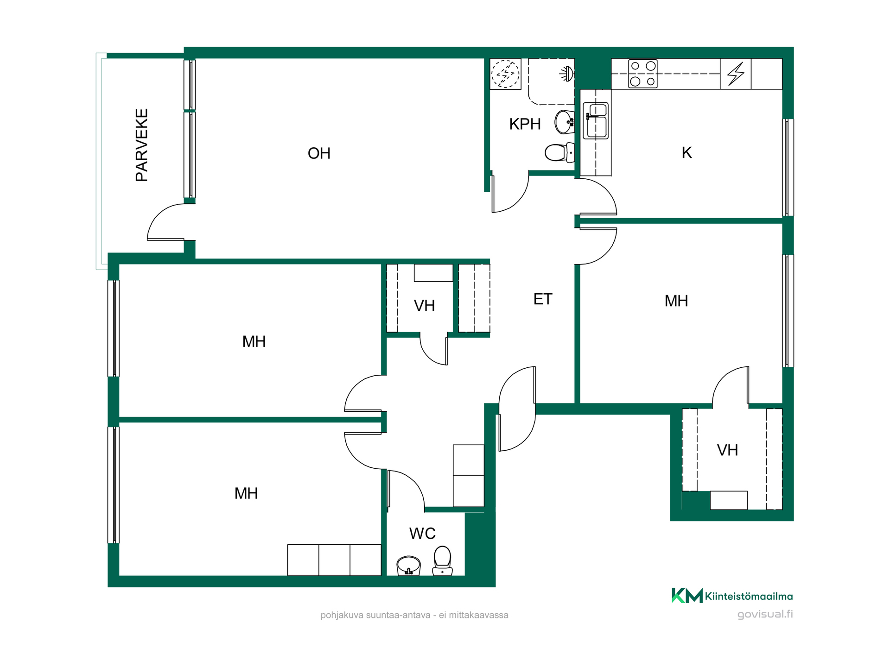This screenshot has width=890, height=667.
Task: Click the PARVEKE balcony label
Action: coord(142,145)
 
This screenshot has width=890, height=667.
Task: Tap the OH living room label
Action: coord(319,153)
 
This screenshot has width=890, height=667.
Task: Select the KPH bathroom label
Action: coord(525,124)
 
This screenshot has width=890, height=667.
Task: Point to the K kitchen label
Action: coord(687,152)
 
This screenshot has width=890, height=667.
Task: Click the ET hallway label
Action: coord(543,299)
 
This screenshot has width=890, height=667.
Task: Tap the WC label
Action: coord(422,534)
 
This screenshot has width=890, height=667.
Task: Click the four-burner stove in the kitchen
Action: coord(642,74)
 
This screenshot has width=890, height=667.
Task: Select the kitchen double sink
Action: coord(596,120)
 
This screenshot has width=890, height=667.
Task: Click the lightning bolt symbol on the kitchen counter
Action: coord(736,74)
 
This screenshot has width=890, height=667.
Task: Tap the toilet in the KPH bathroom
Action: coord(559,152)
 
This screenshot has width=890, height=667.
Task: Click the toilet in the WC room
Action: coord(442,560)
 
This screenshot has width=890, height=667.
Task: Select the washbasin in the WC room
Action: coord(408,566)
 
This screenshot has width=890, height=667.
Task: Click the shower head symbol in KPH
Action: coord(567,74)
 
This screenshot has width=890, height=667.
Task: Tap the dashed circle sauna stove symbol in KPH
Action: coord(505,74)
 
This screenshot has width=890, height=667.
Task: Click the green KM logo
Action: coord(687,596)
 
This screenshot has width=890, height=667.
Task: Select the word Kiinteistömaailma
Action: coord(749,596)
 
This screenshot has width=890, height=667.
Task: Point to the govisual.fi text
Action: coord(765,614)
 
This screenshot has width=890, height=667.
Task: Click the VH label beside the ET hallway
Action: coord(424,306)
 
